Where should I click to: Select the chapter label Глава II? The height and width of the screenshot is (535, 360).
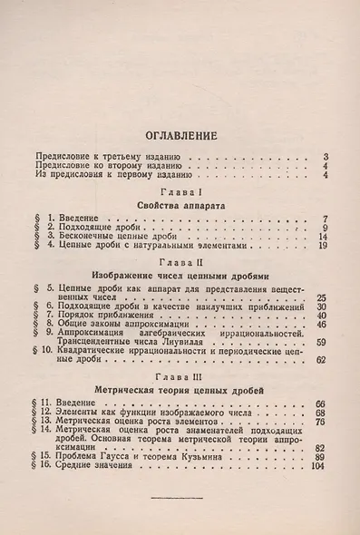[x=181, y=259]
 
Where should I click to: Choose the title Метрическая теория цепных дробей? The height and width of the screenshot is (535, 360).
[x=181, y=389]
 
